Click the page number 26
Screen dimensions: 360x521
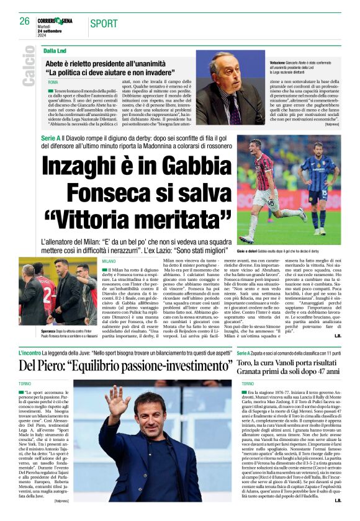[24, 21]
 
